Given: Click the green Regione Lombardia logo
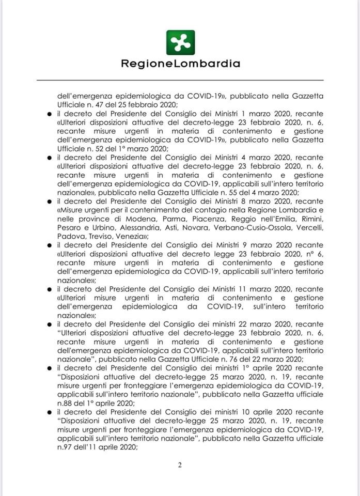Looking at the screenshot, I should [180, 42].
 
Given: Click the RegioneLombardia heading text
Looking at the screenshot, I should [180, 64].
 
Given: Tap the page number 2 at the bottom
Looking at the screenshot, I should [180, 465].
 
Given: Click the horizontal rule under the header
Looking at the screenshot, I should [180, 80].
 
